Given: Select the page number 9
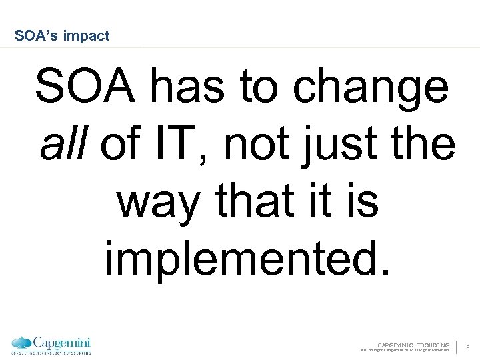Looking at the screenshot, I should tap(468, 347).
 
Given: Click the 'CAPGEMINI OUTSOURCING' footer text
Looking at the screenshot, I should tap(413, 345).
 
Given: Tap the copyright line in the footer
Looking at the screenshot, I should tap(405, 350).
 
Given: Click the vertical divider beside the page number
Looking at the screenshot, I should tap(457, 347).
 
